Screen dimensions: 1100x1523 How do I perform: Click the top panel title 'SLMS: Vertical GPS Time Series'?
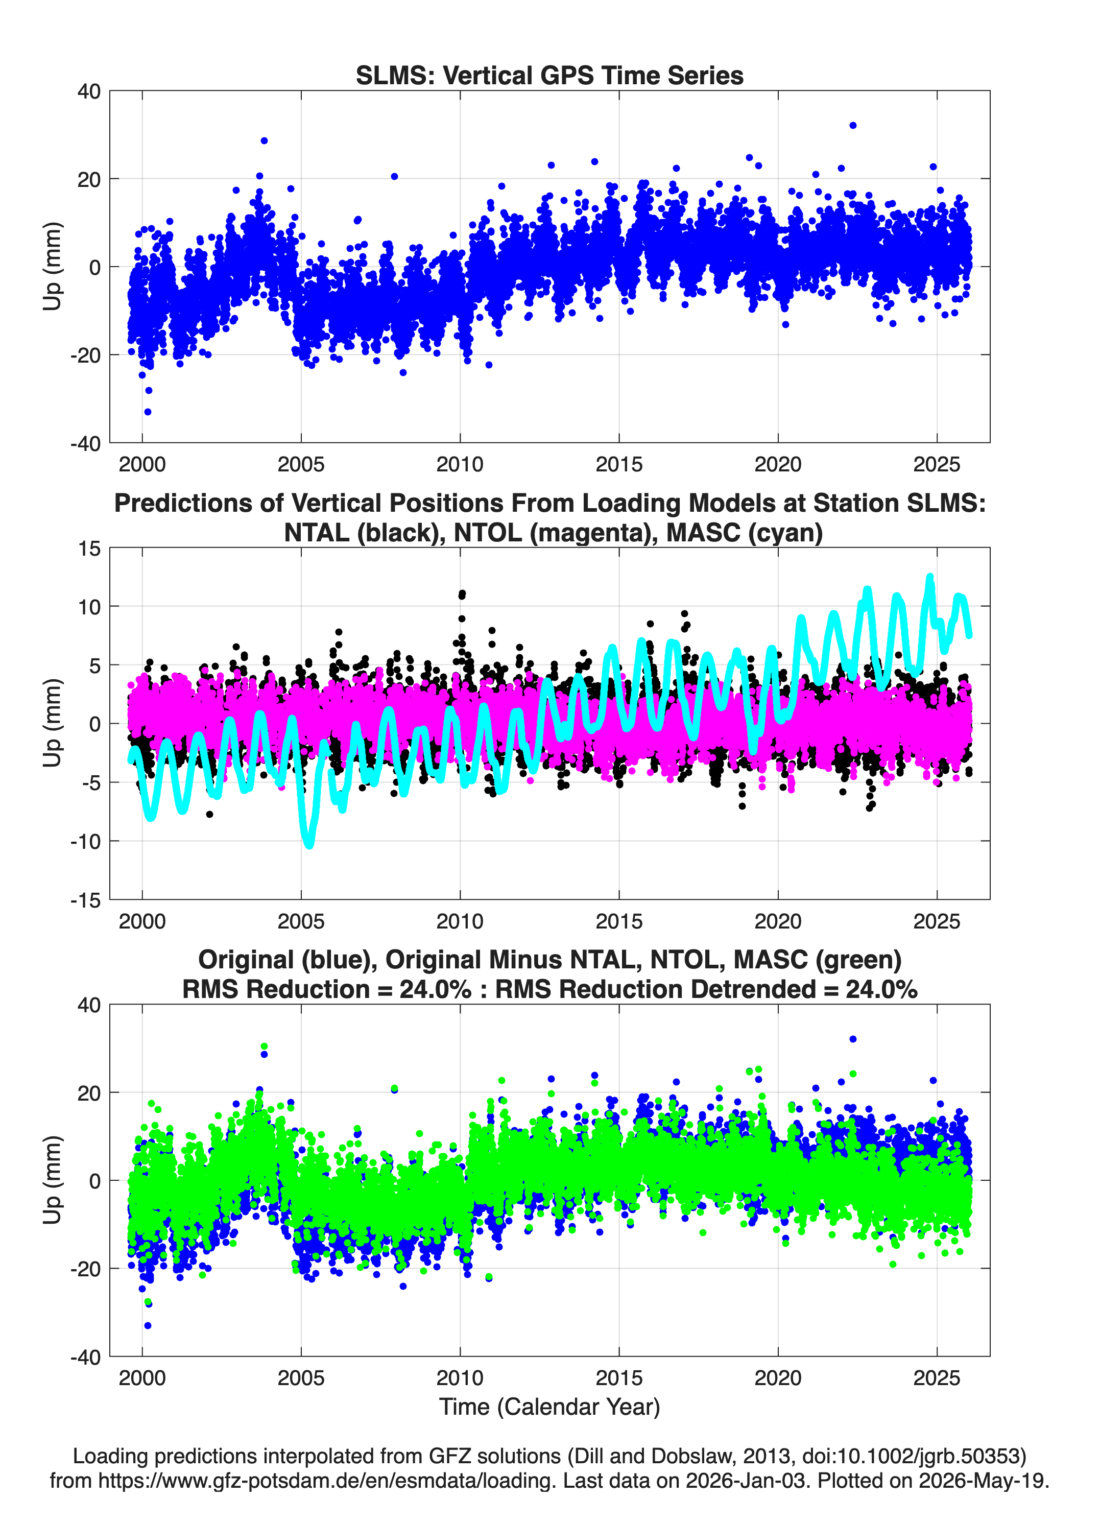549,75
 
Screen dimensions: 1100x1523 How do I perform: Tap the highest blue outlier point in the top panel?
853,126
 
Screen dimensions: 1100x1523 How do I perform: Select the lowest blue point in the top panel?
148,412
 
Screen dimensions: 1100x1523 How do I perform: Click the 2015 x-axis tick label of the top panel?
618,464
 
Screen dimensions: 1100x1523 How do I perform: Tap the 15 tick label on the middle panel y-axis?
89,549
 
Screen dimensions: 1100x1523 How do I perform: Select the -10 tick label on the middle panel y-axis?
85,841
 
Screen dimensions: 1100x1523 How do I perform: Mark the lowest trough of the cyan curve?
309,845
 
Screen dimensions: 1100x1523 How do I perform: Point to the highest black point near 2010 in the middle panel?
462,593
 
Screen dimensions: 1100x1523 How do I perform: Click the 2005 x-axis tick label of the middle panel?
301,921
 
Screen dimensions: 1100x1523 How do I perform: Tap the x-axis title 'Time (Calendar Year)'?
549,1406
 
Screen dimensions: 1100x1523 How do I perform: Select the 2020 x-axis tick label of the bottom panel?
778,1377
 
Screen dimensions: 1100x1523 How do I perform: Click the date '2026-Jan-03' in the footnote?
746,1480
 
